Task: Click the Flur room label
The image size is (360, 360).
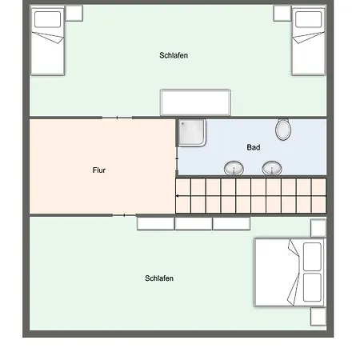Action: pyautogui.click(x=99, y=170)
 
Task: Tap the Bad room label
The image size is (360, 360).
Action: pyautogui.click(x=254, y=147)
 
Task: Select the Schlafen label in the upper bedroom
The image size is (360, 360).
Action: pyautogui.click(x=174, y=55)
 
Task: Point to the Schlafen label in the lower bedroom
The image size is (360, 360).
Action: pyautogui.click(x=159, y=278)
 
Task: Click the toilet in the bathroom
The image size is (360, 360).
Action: pyautogui.click(x=283, y=130)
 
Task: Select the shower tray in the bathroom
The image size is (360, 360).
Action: pyautogui.click(x=192, y=133)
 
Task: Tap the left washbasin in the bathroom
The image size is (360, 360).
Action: pyautogui.click(x=234, y=168)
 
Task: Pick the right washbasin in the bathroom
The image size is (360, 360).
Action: pyautogui.click(x=272, y=168)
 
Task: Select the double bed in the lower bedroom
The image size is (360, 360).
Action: pyautogui.click(x=290, y=272)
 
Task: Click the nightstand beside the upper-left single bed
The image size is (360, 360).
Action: pyautogui.click(x=74, y=13)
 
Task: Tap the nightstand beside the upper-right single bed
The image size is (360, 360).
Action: pyautogui.click(x=282, y=13)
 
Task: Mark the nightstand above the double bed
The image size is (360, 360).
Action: pyautogui.click(x=318, y=228)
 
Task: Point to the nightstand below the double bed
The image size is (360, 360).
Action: pyautogui.click(x=318, y=317)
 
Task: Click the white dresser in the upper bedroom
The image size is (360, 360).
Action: pyautogui.click(x=195, y=103)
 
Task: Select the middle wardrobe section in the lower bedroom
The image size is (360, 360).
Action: pyautogui.click(x=194, y=223)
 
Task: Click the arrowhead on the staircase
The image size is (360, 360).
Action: pyautogui.click(x=178, y=196)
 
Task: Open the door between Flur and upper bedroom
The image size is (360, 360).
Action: pyautogui.click(x=117, y=118)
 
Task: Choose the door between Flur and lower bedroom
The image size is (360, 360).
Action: pyautogui.click(x=124, y=215)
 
